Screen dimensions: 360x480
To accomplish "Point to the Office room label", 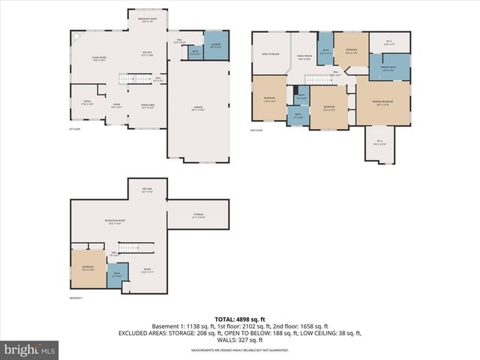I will coord(87,104).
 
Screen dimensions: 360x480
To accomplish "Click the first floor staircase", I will coord(139,79).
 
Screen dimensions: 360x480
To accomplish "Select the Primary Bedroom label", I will coord(382,103).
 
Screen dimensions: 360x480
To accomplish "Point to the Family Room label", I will coord(304,57).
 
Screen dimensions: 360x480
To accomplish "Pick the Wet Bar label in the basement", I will coord(147,190).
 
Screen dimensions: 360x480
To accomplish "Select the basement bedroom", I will coord(88,268).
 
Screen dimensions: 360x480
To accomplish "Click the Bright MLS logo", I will coord(30,349).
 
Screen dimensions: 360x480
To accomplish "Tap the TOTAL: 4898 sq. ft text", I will coord(240,319).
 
